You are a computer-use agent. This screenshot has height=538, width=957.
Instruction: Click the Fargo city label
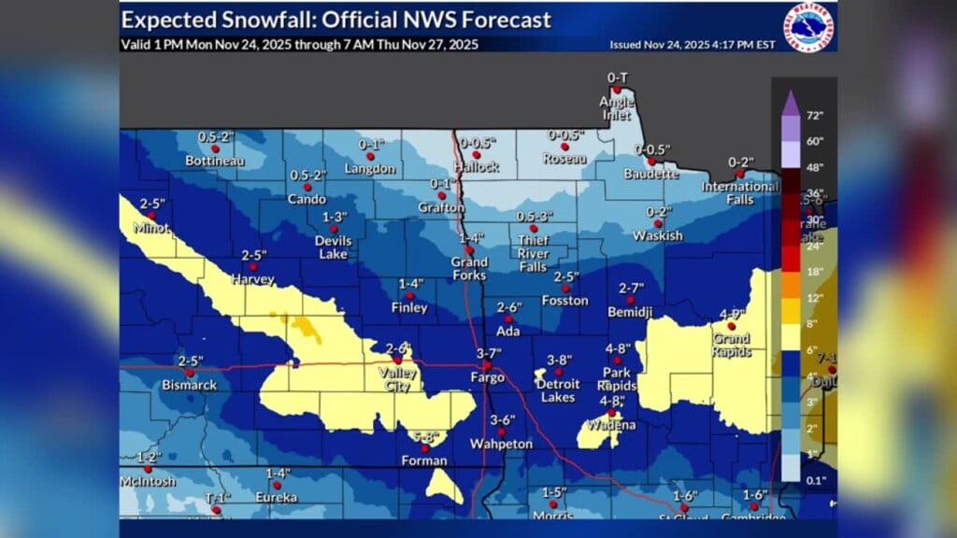tap(488, 378)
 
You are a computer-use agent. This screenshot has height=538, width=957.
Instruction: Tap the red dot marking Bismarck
tap(190, 373)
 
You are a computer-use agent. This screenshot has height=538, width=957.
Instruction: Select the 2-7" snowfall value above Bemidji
tap(632, 288)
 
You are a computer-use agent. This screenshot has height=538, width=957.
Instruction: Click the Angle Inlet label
tap(617, 108)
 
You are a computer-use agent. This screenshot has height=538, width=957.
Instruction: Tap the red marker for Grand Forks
tap(469, 250)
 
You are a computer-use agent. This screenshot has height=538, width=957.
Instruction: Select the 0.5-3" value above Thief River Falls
tap(535, 217)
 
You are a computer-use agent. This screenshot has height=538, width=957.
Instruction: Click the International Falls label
tap(740, 192)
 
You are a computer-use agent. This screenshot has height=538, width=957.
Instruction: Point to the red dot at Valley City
tap(398, 360)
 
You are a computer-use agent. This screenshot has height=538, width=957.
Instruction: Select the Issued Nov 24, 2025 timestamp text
tap(721, 44)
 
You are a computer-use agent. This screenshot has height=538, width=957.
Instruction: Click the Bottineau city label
tap(214, 162)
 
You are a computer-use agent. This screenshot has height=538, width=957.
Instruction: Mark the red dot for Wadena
tap(611, 412)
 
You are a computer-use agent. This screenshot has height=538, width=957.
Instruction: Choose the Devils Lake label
tap(333, 247)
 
